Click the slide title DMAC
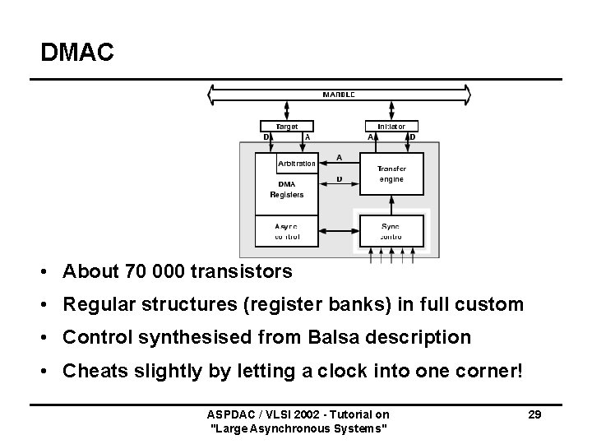tap(77, 53)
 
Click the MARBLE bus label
tap(339, 95)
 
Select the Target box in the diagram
tap(287, 127)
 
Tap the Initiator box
tap(391, 127)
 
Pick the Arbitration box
tap(296, 163)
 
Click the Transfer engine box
tap(391, 173)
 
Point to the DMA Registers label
tap(287, 189)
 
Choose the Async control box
tap(287, 231)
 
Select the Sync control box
tap(391, 231)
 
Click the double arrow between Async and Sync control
tap(339, 231)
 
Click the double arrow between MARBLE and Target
tap(287, 110)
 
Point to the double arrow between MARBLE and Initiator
tap(391, 110)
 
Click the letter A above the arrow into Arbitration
tap(340, 157)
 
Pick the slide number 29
tap(534, 414)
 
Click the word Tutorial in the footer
tap(354, 414)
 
